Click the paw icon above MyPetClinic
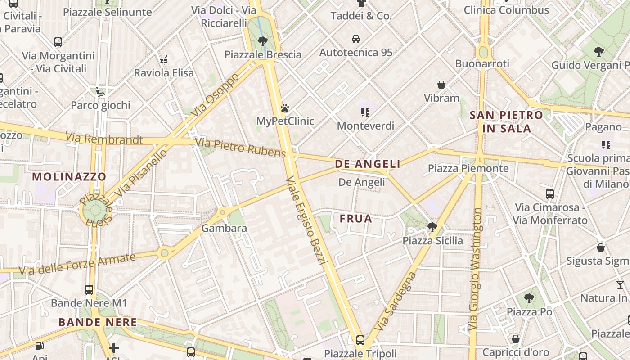pyautogui.click(x=284, y=108)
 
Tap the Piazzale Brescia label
pyautogui.click(x=263, y=55)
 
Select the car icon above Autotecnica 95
pyautogui.click(x=356, y=39)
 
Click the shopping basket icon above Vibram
pyautogui.click(x=441, y=85)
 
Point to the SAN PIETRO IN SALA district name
pyautogui.click(x=506, y=121)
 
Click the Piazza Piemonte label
pyautogui.click(x=468, y=168)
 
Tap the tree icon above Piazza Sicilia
pyautogui.click(x=432, y=227)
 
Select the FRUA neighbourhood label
pyautogui.click(x=356, y=219)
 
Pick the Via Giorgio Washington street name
pyautogui.click(x=475, y=270)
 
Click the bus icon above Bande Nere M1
pyautogui.click(x=89, y=290)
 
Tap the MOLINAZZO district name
pyautogui.click(x=69, y=176)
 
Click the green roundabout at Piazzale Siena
pyautogui.click(x=94, y=210)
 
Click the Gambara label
pyautogui.click(x=224, y=228)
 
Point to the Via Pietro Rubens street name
pyautogui.click(x=240, y=148)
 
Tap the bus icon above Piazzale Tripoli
pyautogui.click(x=360, y=340)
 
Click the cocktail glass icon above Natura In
pyautogui.click(x=620, y=284)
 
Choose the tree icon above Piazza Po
pyautogui.click(x=529, y=298)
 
